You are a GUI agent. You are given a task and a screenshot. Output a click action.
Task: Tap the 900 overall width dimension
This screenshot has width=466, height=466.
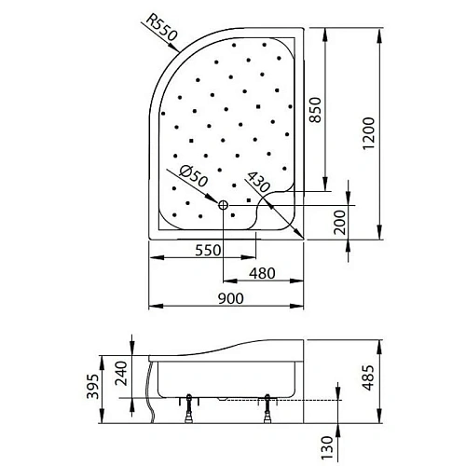point(229,298)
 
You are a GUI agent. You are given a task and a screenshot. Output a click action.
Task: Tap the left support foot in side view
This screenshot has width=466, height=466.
point(191,407)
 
